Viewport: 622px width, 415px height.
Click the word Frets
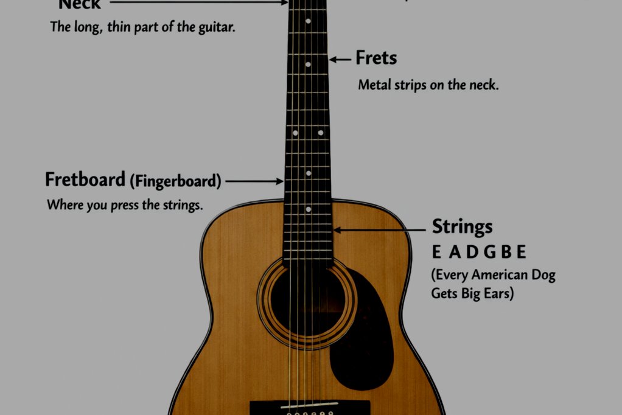coord(376,58)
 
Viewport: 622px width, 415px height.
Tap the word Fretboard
coord(85,180)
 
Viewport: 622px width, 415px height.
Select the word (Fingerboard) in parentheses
coord(176,181)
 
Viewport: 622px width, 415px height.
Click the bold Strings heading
coord(462,226)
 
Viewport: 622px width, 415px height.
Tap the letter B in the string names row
coord(504,252)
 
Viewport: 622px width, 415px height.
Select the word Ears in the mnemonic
coord(498,293)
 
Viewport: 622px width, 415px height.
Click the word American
coord(499,275)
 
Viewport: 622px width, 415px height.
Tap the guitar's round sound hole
coord(307,301)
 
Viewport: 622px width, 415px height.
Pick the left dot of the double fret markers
coord(295,132)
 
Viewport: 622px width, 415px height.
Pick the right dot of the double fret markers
coord(321,132)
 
